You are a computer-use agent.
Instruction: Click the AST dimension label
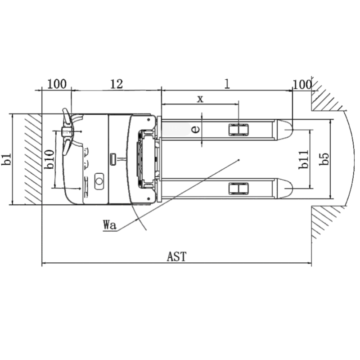click(x=176, y=256)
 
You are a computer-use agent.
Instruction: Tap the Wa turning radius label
click(x=110, y=225)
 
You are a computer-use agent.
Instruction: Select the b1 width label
click(x=7, y=159)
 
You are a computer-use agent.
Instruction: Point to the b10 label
click(x=49, y=159)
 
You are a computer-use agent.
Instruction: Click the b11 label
click(x=304, y=160)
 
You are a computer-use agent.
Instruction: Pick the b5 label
click(x=324, y=158)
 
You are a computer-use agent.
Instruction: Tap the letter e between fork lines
click(x=195, y=130)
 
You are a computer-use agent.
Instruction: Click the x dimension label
click(x=200, y=99)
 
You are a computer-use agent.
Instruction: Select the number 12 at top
click(x=117, y=84)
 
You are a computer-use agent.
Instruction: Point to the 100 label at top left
click(x=57, y=84)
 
